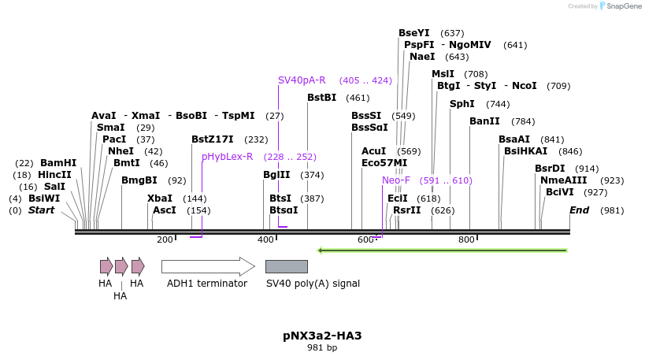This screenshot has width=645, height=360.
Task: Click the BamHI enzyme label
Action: (58, 163)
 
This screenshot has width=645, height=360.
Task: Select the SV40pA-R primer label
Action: (302, 80)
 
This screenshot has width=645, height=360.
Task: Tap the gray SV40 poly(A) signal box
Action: (286, 266)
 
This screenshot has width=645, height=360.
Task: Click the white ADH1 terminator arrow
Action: (208, 266)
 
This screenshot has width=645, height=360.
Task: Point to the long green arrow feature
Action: (442, 251)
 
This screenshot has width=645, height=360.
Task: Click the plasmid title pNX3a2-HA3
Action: (322, 336)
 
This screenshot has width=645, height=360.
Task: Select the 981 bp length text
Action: (322, 347)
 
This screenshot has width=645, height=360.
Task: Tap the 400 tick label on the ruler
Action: (265, 239)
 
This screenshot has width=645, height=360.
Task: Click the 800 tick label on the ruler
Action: (466, 239)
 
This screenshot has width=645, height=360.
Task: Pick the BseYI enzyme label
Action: (414, 33)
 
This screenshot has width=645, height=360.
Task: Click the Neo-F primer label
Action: (396, 180)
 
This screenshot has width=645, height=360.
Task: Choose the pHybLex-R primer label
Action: (227, 157)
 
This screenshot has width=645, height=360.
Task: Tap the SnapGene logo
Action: (618, 6)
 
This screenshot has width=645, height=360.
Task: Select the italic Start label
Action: (42, 210)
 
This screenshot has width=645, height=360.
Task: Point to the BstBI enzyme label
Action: (321, 98)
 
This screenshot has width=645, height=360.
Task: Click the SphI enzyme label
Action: (462, 104)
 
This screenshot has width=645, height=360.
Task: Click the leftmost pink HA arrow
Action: (106, 266)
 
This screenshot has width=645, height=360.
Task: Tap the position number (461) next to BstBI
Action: (358, 98)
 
